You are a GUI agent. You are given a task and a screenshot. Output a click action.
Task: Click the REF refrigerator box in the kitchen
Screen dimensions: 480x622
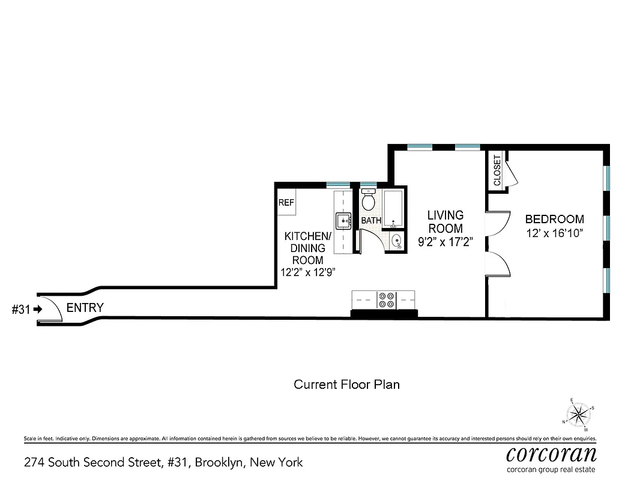pos(286,202)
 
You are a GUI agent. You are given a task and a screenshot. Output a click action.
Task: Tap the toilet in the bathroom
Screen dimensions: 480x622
pos(368,200)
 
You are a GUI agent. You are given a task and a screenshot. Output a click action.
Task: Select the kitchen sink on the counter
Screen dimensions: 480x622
pos(344,221)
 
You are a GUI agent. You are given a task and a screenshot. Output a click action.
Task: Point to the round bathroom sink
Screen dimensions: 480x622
pos(397,242)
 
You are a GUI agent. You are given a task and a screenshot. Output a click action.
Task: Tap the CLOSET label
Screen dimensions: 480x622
pos(497,170)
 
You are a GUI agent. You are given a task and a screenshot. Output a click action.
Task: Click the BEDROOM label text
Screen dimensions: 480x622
pos(554,219)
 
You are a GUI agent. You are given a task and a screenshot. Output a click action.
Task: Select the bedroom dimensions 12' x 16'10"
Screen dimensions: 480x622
pos(554,232)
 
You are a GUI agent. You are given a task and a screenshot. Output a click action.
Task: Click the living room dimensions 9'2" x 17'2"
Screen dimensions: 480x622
pos(445,242)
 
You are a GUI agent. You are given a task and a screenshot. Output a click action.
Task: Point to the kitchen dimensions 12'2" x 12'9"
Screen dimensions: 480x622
pos(307,272)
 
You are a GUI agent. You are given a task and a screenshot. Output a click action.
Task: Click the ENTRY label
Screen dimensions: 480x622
pos(85,308)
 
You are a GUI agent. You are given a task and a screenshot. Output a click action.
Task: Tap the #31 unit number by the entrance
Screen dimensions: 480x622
pos(22,310)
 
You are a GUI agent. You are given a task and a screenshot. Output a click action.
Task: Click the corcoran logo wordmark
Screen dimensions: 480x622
pos(551,453)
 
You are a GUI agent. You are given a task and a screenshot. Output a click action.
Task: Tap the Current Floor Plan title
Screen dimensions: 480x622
pos(346,384)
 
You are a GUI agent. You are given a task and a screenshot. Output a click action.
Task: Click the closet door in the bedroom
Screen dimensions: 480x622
pos(510,174)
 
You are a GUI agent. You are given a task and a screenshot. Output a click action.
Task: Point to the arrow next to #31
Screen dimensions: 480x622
pos(38,310)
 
